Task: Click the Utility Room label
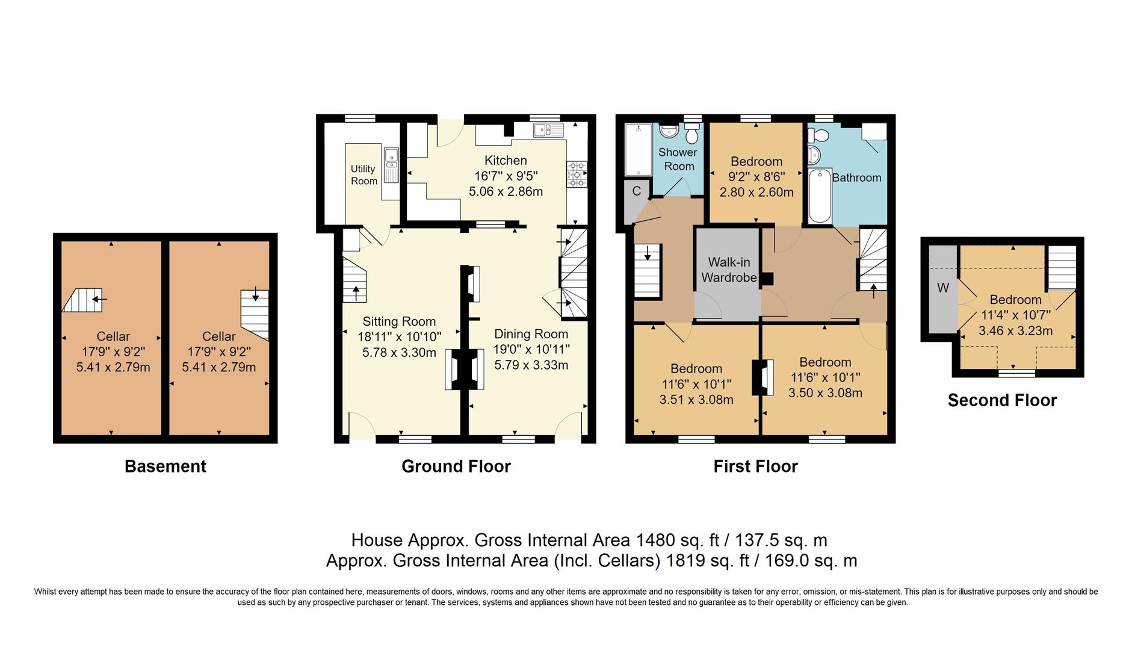(363, 175)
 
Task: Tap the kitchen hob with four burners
(576, 175)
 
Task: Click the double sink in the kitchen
(547, 129)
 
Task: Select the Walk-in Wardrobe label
(729, 270)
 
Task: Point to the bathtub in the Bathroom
(820, 196)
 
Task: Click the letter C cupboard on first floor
(636, 191)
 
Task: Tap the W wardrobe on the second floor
(942, 288)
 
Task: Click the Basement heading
(165, 466)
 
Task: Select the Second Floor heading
(1002, 400)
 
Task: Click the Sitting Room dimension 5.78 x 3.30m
(399, 353)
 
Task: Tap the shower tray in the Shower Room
(637, 150)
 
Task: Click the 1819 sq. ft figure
(707, 561)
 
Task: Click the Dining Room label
(531, 334)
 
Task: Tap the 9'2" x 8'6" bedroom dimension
(756, 177)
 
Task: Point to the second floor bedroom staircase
(1062, 267)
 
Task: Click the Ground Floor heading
(456, 466)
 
